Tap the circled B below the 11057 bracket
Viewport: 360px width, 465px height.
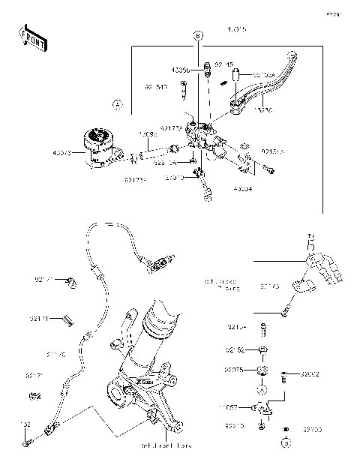coord(264,443)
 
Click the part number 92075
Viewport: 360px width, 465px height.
coord(235,370)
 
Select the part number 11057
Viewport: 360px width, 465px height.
coord(230,407)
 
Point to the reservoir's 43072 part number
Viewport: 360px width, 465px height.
coord(62,153)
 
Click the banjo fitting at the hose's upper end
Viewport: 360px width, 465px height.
coord(158,264)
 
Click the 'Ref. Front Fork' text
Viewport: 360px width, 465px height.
coord(166,445)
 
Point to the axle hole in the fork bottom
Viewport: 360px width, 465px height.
coord(118,391)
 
